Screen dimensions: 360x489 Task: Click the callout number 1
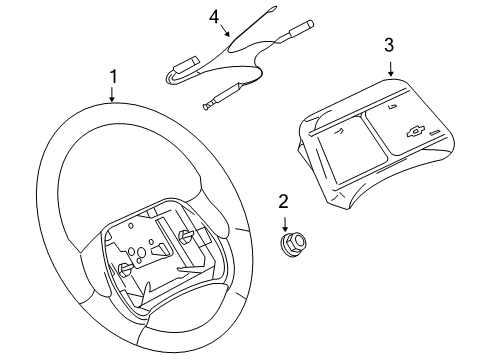click(113, 76)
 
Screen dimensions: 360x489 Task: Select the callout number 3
click(389, 45)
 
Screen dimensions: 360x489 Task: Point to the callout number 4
click(213, 17)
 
